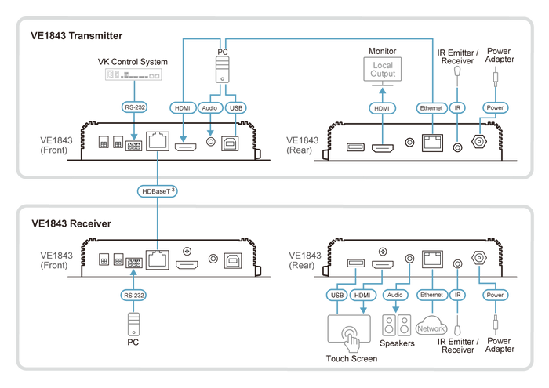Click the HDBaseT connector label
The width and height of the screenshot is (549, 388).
click(x=157, y=191)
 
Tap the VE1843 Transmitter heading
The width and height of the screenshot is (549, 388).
click(x=76, y=36)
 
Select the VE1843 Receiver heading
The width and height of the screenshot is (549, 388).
click(x=71, y=223)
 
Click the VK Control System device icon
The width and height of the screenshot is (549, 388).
click(x=133, y=74)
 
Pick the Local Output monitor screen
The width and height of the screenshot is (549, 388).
click(x=383, y=69)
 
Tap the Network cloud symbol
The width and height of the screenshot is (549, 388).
click(x=431, y=326)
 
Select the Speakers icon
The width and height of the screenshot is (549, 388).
click(x=396, y=325)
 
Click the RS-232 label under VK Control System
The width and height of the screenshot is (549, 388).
click(x=134, y=107)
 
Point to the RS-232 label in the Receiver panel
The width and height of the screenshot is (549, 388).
click(x=133, y=296)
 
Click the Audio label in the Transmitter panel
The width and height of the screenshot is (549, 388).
click(x=209, y=108)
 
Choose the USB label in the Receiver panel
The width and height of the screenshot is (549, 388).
click(x=336, y=295)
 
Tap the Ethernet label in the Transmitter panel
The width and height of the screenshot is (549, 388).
click(x=431, y=108)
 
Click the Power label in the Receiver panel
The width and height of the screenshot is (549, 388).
click(x=495, y=295)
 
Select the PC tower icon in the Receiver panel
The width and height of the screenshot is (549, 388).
click(x=133, y=325)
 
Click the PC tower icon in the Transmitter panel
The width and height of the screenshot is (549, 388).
click(x=222, y=70)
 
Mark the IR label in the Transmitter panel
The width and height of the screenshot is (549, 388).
click(x=457, y=107)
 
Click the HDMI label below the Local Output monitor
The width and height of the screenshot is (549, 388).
click(x=382, y=108)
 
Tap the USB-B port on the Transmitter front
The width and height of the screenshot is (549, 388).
click(x=230, y=143)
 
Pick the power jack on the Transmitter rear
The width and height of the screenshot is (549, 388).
click(x=479, y=142)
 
